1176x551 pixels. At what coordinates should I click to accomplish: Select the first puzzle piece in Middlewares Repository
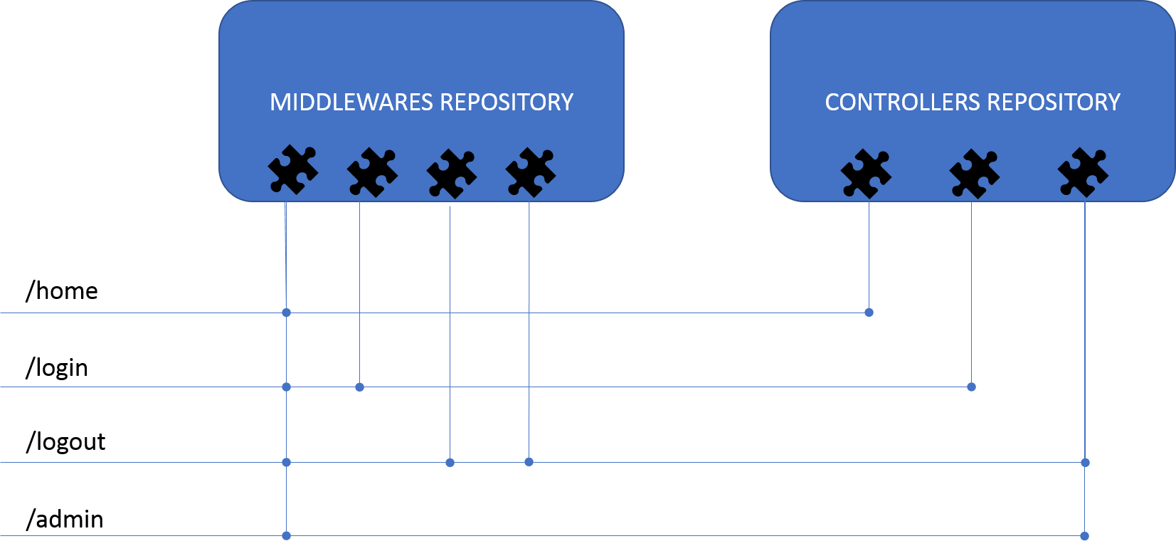click(x=292, y=169)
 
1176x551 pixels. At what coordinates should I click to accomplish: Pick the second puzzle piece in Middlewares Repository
click(x=372, y=172)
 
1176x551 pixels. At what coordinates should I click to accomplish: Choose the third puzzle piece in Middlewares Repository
click(x=451, y=173)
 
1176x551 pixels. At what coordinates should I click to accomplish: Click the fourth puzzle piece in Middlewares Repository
click(x=530, y=172)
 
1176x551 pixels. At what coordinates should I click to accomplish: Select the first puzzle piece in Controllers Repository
click(x=865, y=173)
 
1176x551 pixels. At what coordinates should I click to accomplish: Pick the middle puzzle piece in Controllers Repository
click(x=974, y=173)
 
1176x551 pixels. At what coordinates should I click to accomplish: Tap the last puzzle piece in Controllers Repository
click(x=1083, y=172)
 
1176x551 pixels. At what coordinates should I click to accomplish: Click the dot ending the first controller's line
click(x=869, y=313)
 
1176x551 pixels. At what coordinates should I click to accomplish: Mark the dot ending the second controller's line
click(x=971, y=387)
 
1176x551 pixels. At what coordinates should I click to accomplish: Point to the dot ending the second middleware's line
click(x=359, y=387)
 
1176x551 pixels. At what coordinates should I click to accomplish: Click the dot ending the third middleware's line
click(x=450, y=463)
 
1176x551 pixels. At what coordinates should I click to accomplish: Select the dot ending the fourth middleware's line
click(x=529, y=462)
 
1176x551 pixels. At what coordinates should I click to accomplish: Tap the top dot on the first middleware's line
click(x=286, y=313)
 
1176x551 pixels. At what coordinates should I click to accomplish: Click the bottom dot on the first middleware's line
click(x=286, y=535)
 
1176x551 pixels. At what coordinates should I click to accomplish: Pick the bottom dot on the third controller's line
click(x=1084, y=536)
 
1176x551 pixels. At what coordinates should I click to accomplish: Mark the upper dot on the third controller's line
click(x=1085, y=463)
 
